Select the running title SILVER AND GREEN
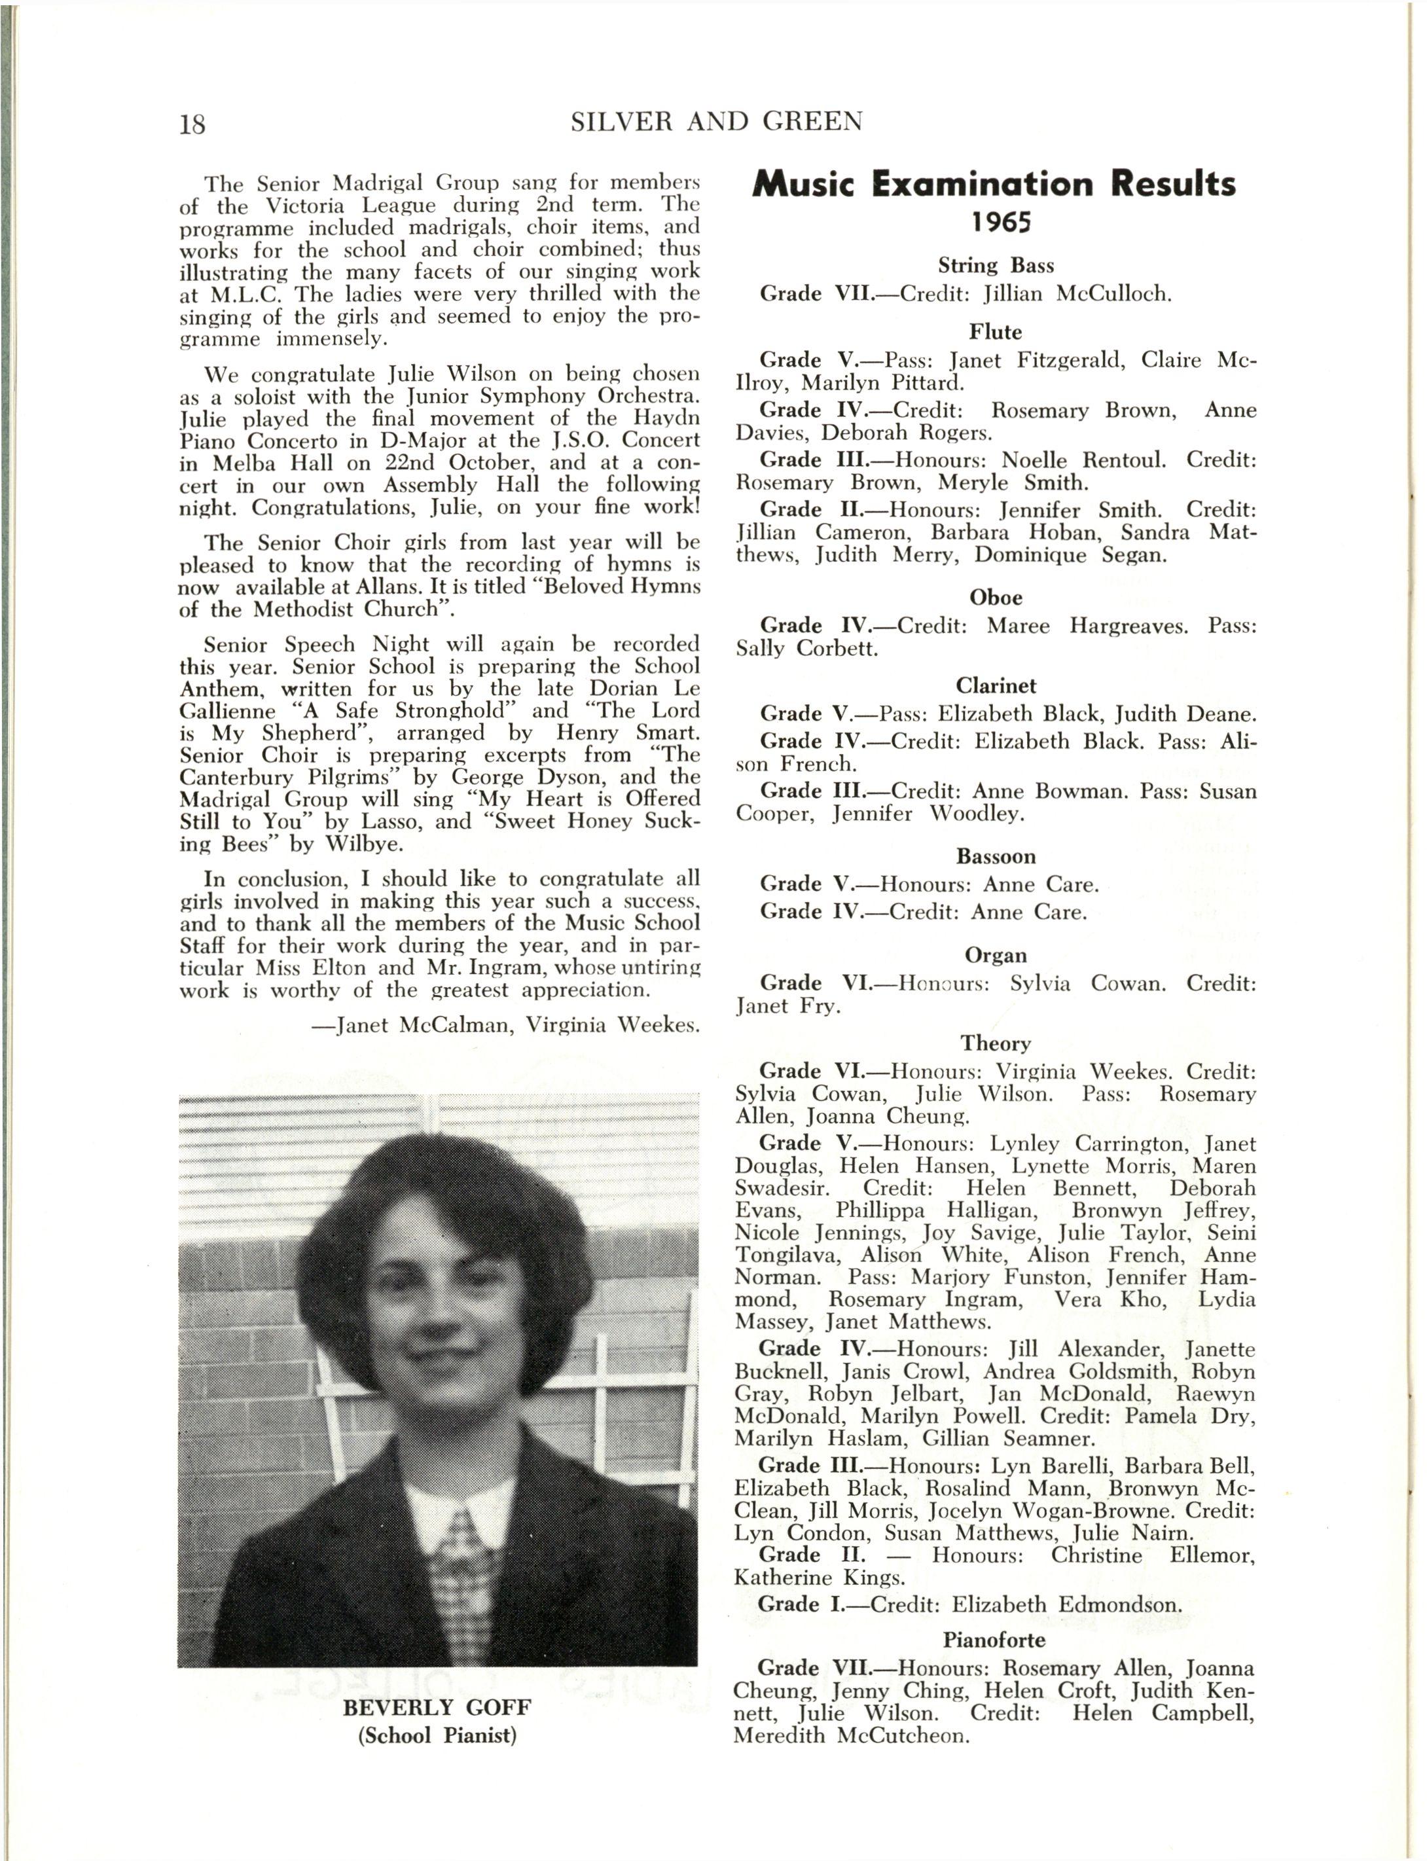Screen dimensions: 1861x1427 point(716,122)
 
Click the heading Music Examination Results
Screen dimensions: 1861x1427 point(994,185)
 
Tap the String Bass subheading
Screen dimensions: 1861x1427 point(996,266)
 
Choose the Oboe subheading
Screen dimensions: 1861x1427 point(996,597)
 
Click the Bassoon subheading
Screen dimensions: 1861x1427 point(996,856)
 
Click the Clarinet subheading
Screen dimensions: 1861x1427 point(996,685)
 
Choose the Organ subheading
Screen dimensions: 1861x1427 point(996,956)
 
